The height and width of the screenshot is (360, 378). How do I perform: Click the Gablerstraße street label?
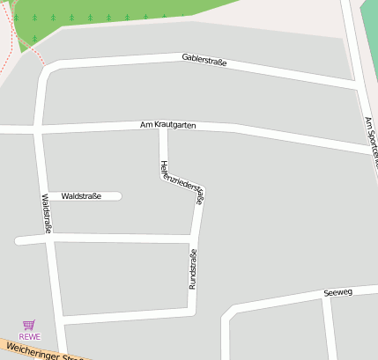pyautogui.click(x=204, y=61)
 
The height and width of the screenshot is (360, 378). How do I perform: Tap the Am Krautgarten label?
pyautogui.click(x=167, y=125)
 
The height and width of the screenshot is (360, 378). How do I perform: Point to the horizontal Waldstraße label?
pyautogui.click(x=82, y=195)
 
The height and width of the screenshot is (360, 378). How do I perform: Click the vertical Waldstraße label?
pyautogui.click(x=46, y=213)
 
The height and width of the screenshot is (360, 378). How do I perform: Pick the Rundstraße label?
pyautogui.click(x=193, y=268)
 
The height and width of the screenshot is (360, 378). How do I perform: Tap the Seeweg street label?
pyautogui.click(x=337, y=291)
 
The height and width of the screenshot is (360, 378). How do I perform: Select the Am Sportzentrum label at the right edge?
pyautogui.click(x=370, y=141)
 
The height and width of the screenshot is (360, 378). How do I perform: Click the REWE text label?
pyautogui.click(x=30, y=336)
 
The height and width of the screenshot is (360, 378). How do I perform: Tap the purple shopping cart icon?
pyautogui.click(x=30, y=325)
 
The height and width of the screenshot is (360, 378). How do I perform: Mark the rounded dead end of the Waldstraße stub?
pyautogui.click(x=117, y=195)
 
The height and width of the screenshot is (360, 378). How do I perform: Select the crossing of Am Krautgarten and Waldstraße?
pyautogui.click(x=38, y=130)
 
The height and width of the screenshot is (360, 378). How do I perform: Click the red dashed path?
pyautogui.click(x=26, y=44)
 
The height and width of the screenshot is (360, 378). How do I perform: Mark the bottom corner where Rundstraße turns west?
pyautogui.click(x=191, y=311)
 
